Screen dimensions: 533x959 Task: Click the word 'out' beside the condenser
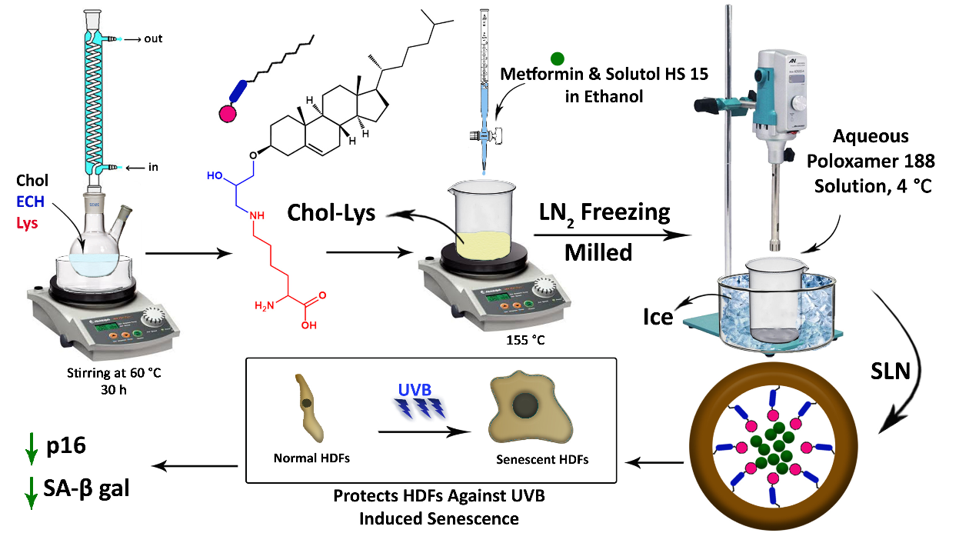(x=153, y=38)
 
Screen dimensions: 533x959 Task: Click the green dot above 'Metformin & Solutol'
(x=558, y=58)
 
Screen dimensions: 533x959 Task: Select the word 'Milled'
(x=598, y=252)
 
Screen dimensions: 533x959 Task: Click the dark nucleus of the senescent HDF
(x=528, y=405)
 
